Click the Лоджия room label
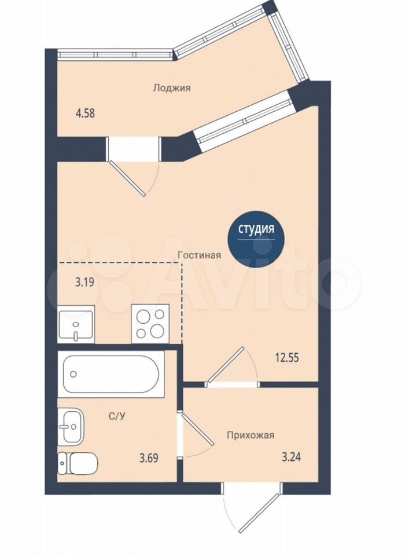pos(172,87)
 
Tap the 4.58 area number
pos(85,114)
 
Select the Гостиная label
pos(200,255)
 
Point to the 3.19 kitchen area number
pos(84,283)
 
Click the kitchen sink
pos(76,324)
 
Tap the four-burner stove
pos(150,323)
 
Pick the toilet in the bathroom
pos(78,464)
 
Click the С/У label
pos(117,416)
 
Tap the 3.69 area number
pos(149,458)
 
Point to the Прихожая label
pos(250,435)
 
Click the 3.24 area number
pos(291,457)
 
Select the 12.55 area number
pos(287,357)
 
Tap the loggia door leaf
pos(127,178)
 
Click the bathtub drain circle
pos(73,374)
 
